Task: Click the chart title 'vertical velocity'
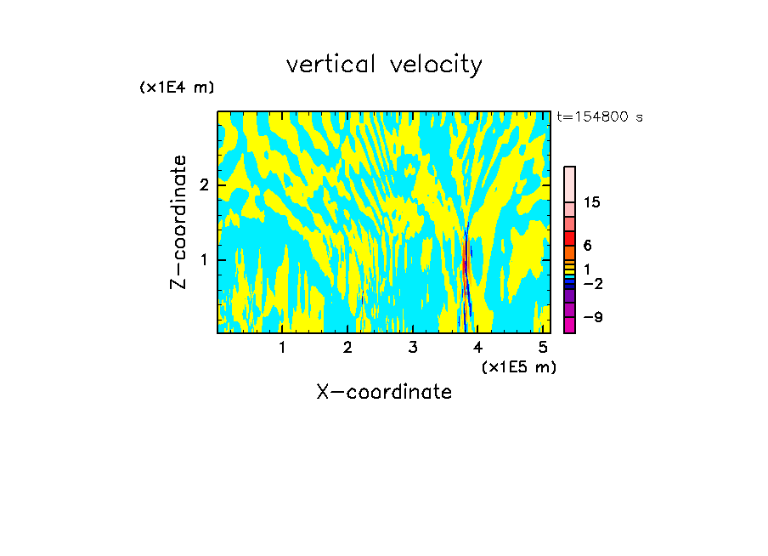[384, 65]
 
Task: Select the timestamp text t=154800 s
[600, 116]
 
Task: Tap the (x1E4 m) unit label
[177, 88]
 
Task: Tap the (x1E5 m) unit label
[518, 366]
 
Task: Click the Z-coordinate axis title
[178, 222]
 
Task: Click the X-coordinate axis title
[384, 392]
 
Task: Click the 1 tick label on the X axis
[282, 348]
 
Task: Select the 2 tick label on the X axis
[347, 348]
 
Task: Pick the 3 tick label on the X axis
[413, 348]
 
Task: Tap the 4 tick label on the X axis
[478, 348]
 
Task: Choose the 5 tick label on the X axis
[543, 348]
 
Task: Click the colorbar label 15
[592, 202]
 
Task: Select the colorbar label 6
[587, 245]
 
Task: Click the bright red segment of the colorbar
[569, 238]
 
